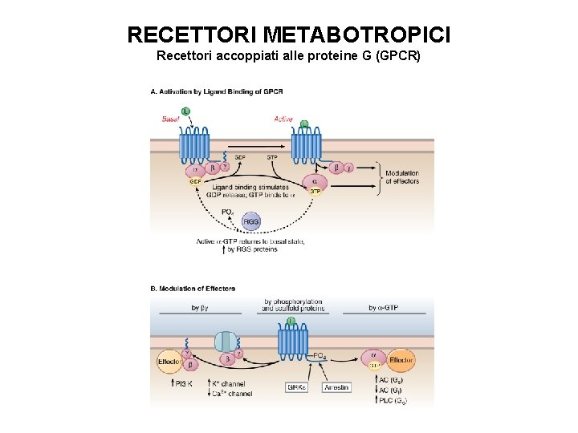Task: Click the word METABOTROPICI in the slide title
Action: [x=356, y=35]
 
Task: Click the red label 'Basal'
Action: [x=171, y=119]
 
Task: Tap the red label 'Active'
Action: [x=283, y=119]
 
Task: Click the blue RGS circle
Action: [x=251, y=221]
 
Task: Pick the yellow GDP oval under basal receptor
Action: [x=195, y=182]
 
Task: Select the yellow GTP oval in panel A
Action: [x=315, y=191]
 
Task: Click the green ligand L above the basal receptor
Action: [x=186, y=111]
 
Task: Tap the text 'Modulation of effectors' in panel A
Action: [x=401, y=177]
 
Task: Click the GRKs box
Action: [x=298, y=387]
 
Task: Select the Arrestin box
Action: [x=336, y=387]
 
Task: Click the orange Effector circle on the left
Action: [x=169, y=362]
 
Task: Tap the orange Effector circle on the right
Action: [x=401, y=361]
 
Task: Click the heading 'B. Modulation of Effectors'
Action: [x=193, y=289]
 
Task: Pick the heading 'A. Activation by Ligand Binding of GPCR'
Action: [x=217, y=92]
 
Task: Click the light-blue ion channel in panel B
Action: [x=227, y=342]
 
